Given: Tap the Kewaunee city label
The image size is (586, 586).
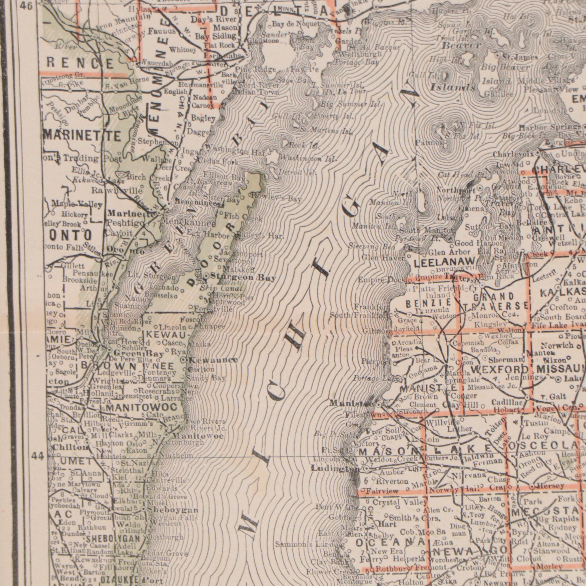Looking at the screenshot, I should click(x=214, y=360).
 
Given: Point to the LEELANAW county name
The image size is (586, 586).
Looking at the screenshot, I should click(x=445, y=262).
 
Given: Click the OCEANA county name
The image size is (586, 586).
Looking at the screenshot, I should click(x=390, y=542).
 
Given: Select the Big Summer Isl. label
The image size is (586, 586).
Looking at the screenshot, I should click(x=352, y=104).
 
